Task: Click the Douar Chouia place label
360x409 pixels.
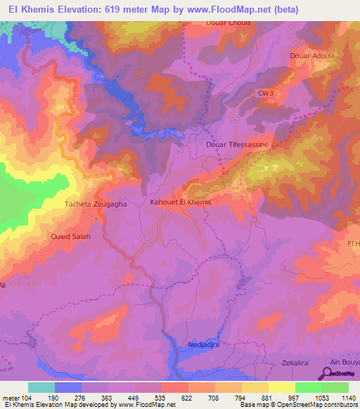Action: (229, 22)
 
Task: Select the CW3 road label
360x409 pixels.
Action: (264, 93)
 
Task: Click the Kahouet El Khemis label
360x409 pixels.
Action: (181, 202)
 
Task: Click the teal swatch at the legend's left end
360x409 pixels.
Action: (41, 387)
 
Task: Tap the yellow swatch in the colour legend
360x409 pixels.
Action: (282, 387)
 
